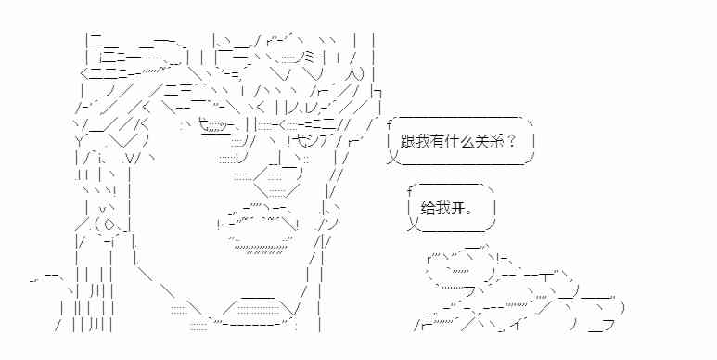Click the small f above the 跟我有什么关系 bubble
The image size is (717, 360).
pos(391,123)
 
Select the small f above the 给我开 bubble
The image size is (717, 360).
pos(410,191)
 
